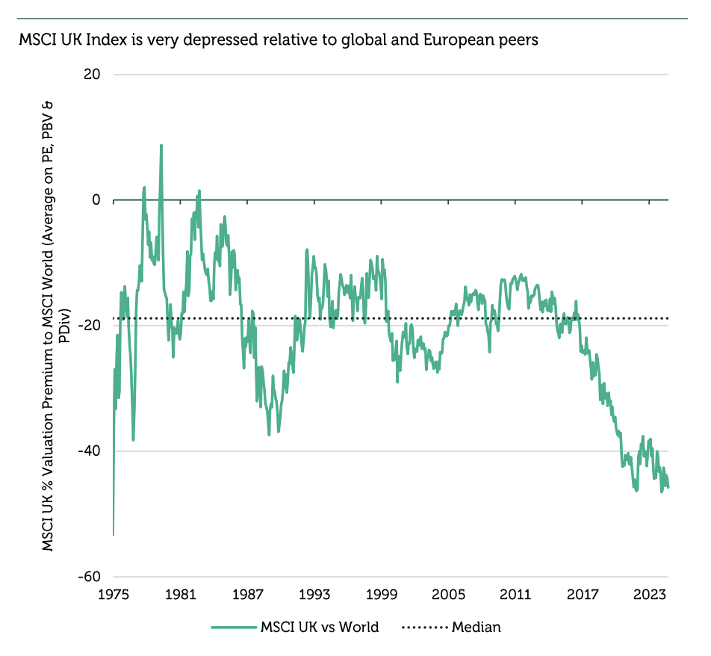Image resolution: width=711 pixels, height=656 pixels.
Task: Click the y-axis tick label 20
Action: tap(93, 75)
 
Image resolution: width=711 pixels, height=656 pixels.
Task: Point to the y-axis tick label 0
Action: tap(96, 200)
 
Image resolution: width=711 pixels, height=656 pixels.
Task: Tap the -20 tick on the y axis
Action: tap(90, 326)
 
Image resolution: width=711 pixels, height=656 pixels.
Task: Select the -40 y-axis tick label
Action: tap(90, 451)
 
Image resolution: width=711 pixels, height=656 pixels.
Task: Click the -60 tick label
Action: tap(90, 577)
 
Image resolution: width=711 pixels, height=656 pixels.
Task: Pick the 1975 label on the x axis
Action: tap(114, 595)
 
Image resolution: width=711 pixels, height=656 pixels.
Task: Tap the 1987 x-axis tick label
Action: tap(247, 595)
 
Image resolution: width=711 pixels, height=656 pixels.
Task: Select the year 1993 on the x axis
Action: tap(314, 595)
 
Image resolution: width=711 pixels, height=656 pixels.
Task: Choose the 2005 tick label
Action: tap(448, 595)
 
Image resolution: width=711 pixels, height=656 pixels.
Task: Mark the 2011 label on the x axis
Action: tap(515, 595)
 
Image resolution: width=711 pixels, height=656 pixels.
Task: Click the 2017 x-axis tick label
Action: tap(583, 595)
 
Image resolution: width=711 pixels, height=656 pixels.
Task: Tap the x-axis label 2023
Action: tap(649, 595)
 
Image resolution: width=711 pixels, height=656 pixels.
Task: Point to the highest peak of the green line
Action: tap(161, 146)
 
